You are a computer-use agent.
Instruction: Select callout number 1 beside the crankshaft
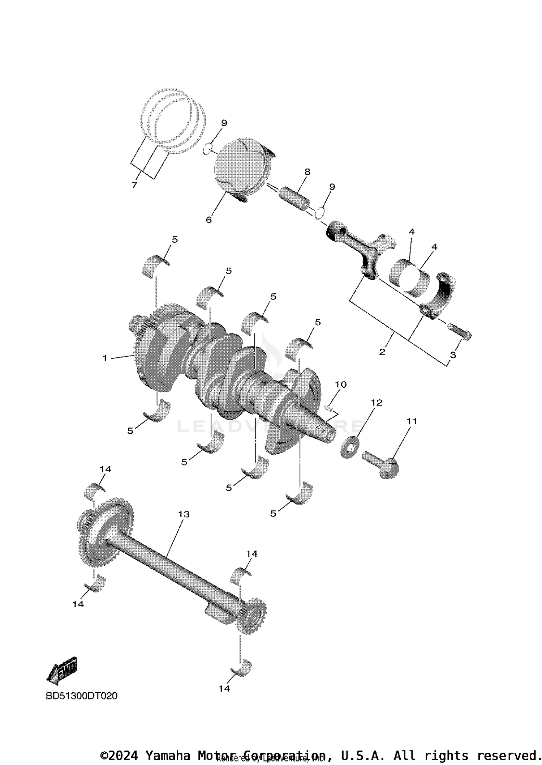105,358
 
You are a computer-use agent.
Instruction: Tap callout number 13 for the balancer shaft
184,514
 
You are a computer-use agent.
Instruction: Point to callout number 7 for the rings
134,185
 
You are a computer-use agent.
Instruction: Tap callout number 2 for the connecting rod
382,352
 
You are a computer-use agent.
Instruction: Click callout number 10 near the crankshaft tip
340,384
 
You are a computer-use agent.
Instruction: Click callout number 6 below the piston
209,220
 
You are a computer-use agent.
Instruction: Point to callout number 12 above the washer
377,403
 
